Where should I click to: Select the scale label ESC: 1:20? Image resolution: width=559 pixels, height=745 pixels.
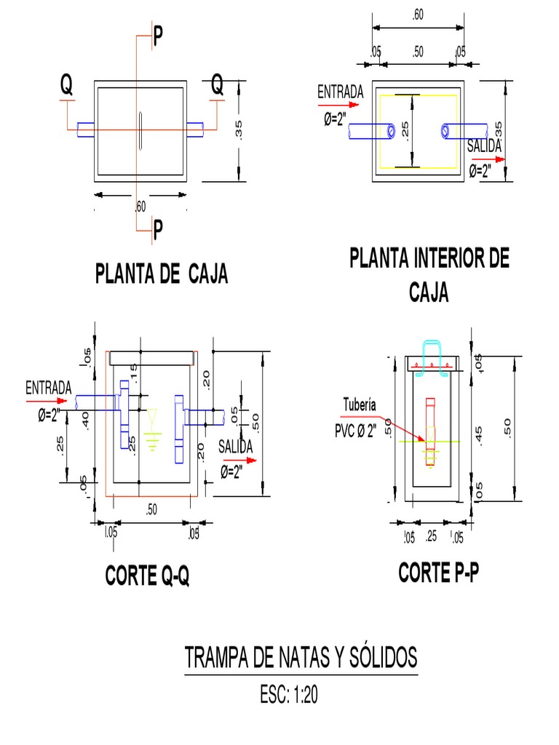(x=288, y=696)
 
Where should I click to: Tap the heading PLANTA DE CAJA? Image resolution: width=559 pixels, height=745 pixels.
(x=162, y=274)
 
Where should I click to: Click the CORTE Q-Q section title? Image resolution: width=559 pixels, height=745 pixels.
(x=148, y=576)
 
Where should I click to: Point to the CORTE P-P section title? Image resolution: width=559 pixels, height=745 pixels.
(x=439, y=573)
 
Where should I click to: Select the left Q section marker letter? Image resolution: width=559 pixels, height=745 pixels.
(x=66, y=87)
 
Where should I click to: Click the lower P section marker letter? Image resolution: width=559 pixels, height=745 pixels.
(x=158, y=231)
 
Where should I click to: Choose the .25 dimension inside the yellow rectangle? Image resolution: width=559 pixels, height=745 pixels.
(x=405, y=131)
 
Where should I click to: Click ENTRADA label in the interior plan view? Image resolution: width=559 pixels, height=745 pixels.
(x=340, y=92)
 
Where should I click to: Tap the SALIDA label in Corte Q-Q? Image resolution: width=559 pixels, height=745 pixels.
(x=235, y=445)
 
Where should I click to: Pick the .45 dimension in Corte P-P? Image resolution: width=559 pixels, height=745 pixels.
(x=478, y=434)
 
